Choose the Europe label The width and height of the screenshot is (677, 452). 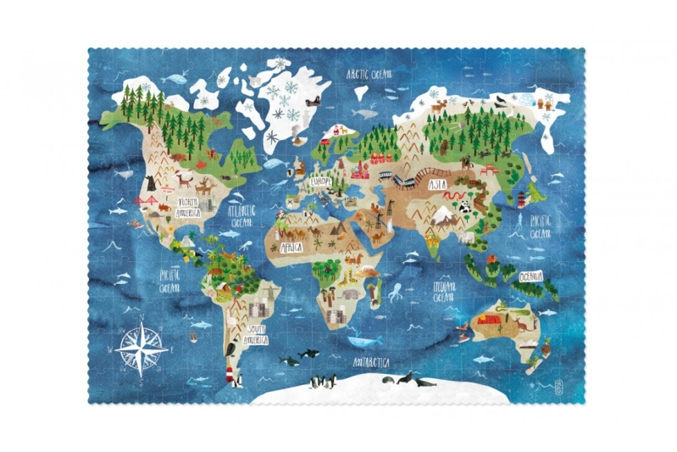click(321, 182)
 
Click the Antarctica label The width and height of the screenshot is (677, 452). click(373, 363)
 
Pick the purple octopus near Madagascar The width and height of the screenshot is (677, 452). click(396, 293)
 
